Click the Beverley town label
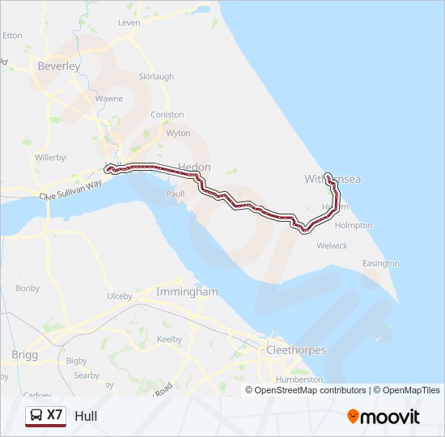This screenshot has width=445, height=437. point(58,66)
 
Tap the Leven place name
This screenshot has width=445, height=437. point(129,23)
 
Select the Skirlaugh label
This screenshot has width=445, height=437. point(156,77)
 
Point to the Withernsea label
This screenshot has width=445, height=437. point(332,178)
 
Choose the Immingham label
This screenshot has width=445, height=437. point(187,291)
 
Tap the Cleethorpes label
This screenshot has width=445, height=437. point(296,350)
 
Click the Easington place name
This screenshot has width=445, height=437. point(381,264)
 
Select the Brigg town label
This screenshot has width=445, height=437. point(25,355)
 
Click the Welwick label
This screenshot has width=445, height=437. point(333,245)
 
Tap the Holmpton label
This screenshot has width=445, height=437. point(354,225)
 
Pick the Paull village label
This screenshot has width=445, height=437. point(176,194)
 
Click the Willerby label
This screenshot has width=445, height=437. point(50,157)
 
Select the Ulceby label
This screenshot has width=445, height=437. point(120,296)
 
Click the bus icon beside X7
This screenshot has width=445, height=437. point(36,416)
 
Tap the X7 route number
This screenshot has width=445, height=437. point(55,416)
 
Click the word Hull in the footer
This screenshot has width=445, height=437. point(85,417)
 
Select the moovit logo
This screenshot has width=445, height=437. point(384,417)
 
